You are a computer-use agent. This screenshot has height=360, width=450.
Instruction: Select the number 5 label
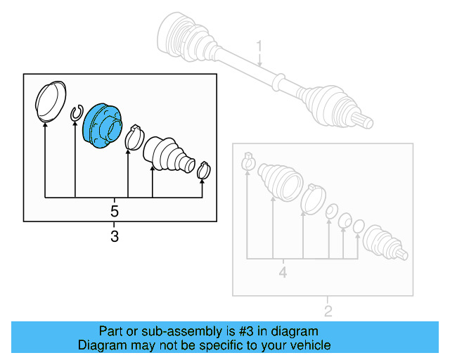click(x=115, y=210)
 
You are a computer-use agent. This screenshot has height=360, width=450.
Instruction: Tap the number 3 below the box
click(x=115, y=237)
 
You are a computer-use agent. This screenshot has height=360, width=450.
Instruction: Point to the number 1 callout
click(x=258, y=47)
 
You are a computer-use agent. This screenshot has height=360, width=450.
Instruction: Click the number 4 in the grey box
click(x=283, y=271)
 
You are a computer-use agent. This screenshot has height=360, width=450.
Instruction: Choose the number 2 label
click(x=328, y=311)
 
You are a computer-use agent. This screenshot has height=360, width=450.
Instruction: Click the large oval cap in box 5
click(x=48, y=101)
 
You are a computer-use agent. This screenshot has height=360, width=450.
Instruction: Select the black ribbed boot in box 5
click(x=166, y=153)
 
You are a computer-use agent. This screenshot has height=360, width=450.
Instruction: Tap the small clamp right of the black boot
click(x=204, y=170)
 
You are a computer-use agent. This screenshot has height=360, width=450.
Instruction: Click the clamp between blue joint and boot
click(x=134, y=136)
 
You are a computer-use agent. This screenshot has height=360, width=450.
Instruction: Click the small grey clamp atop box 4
click(x=247, y=160)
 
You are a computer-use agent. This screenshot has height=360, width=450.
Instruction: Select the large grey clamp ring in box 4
click(x=312, y=198)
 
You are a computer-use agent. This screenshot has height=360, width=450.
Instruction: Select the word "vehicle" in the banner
click(x=308, y=345)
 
